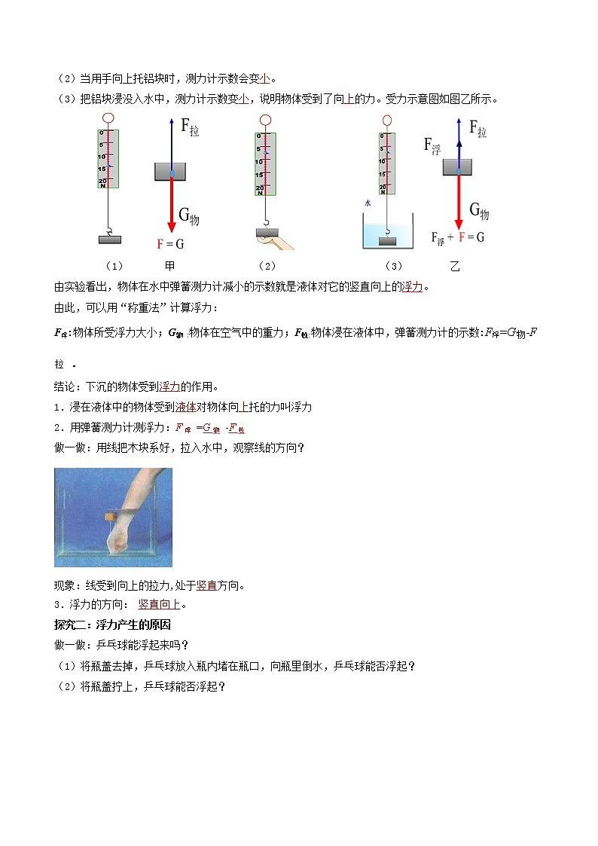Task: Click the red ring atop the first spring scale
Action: (x=108, y=118)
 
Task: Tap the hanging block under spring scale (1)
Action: (x=108, y=240)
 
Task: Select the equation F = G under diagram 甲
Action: (x=170, y=244)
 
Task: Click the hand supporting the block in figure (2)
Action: (x=276, y=243)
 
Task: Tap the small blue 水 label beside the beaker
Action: (x=368, y=203)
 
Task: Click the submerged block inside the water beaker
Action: (x=387, y=241)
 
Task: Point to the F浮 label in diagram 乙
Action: (x=432, y=145)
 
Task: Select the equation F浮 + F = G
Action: (x=457, y=237)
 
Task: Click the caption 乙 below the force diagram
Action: (x=454, y=266)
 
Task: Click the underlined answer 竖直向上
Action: (x=160, y=604)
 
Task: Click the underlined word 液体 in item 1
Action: (x=185, y=407)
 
